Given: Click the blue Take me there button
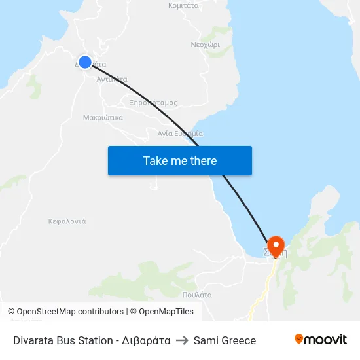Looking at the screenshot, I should [179, 160].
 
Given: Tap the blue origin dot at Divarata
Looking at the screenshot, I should [84, 62].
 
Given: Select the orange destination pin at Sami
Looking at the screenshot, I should [276, 245].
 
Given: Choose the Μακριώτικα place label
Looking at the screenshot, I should [103, 118].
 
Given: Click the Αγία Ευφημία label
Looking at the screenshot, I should [180, 134].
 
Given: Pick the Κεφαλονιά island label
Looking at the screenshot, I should [67, 221].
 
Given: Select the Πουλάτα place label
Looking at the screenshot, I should [197, 295].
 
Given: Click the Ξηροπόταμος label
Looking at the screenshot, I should [153, 103].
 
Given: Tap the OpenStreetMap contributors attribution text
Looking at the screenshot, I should [70, 312].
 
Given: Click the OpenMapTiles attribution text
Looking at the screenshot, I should [166, 312].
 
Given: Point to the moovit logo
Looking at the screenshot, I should [320, 340].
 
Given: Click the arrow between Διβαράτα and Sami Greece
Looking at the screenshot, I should [182, 340].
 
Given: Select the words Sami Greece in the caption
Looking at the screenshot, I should [225, 340].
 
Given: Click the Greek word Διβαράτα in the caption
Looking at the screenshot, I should [147, 340].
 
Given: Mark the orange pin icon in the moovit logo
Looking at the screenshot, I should [299, 339].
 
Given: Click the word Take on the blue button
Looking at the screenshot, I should [156, 160].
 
